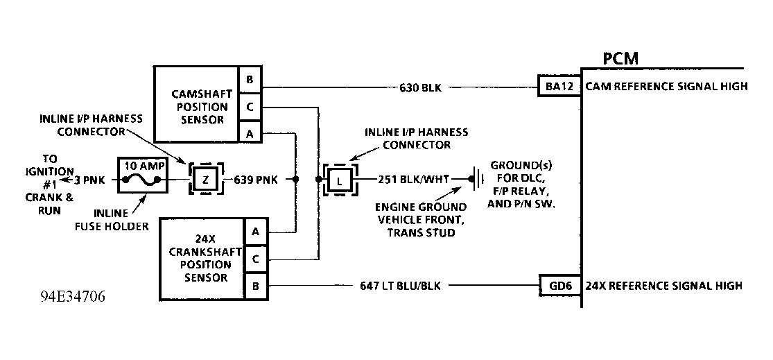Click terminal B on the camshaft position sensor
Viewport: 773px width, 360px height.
pyautogui.click(x=249, y=78)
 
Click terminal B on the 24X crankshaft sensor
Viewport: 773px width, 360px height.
pyautogui.click(x=255, y=284)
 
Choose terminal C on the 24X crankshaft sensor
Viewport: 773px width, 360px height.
pyautogui.click(x=255, y=259)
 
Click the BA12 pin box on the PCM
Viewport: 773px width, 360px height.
pyautogui.click(x=559, y=87)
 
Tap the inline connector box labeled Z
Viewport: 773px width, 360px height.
pyautogui.click(x=205, y=180)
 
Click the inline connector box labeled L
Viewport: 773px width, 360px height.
pyautogui.click(x=339, y=180)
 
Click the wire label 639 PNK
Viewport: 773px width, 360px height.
pyautogui.click(x=256, y=180)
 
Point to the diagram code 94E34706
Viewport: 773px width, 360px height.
pyautogui.click(x=73, y=296)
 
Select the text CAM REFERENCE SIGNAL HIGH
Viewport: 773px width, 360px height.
pyautogui.click(x=666, y=87)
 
